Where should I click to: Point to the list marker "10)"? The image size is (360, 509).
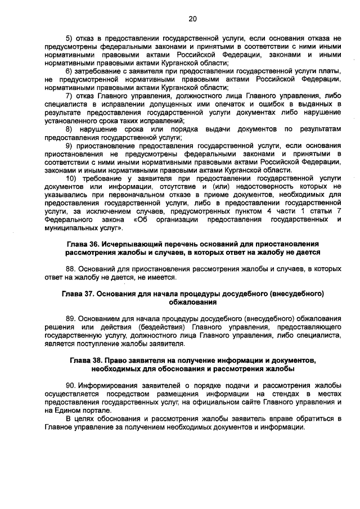pos(71,178)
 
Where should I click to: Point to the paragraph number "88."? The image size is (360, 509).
pos(71,269)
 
